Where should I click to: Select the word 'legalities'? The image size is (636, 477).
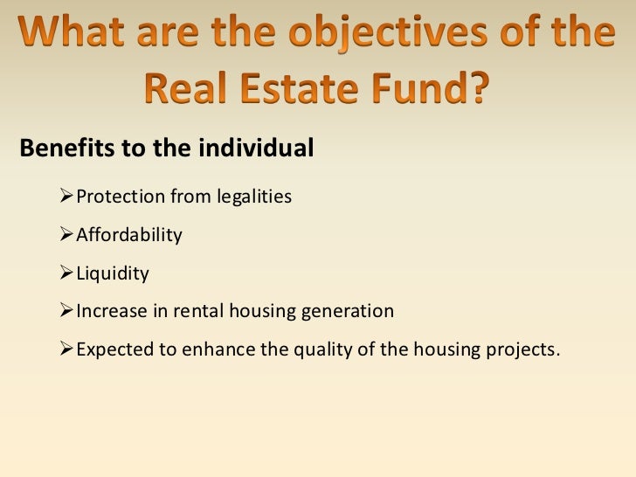pos(253,197)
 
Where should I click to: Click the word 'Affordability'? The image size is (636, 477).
pos(129,236)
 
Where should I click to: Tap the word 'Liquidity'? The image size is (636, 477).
pos(113,274)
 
